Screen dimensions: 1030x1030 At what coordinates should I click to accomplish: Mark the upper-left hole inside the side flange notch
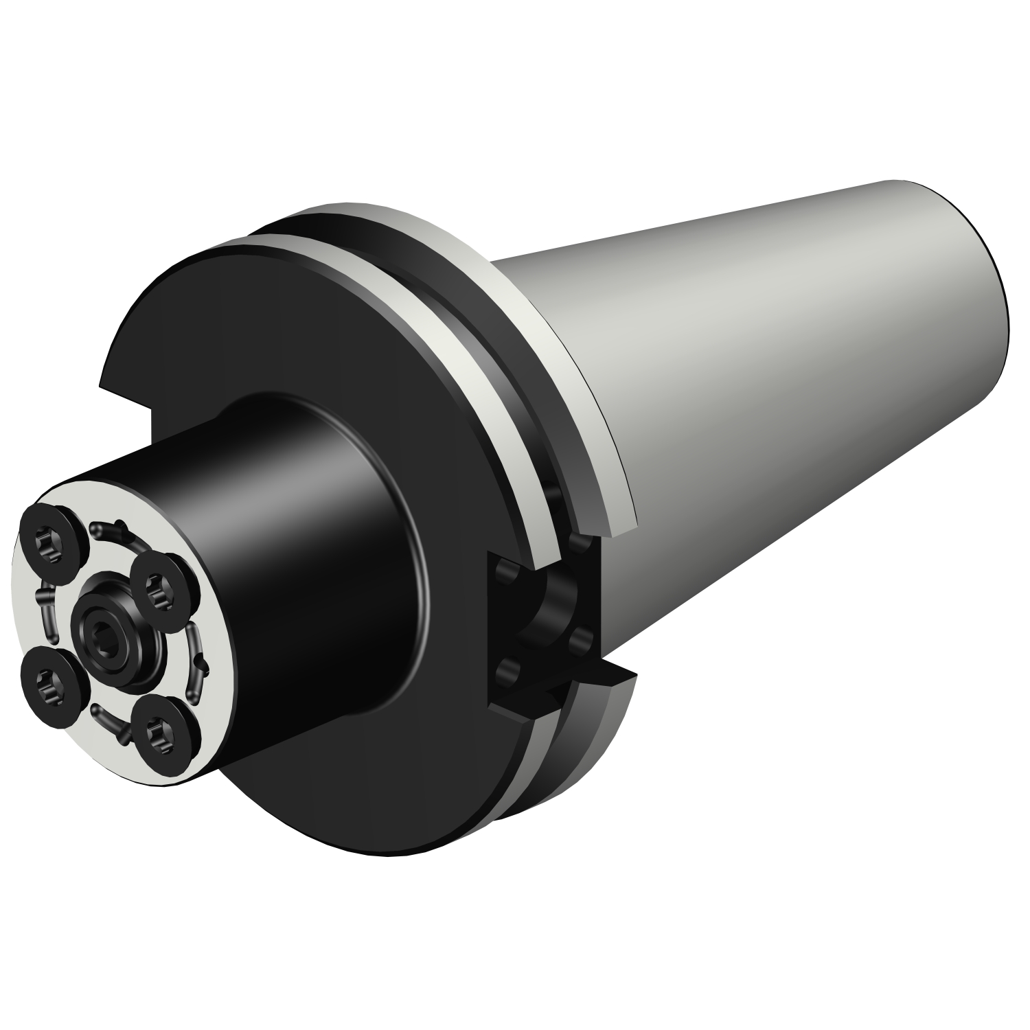(x=505, y=571)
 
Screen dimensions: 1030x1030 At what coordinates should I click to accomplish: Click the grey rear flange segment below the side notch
(x=604, y=742)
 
